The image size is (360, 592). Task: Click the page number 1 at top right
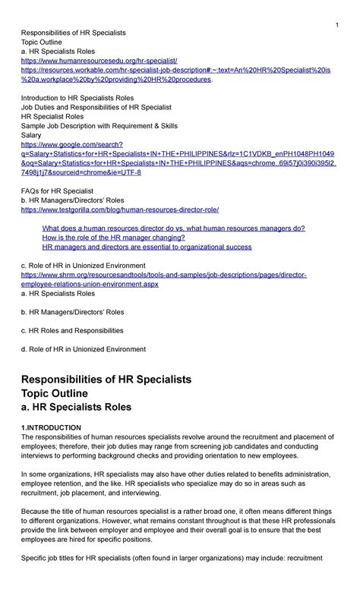click(x=336, y=27)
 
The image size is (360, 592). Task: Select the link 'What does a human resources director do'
click(x=173, y=228)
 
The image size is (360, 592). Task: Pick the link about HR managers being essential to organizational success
click(x=147, y=247)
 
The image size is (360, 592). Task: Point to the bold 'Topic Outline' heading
click(x=65, y=393)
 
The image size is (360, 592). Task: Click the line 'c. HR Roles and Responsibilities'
click(x=72, y=330)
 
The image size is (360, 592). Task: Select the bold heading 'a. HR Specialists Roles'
click(x=76, y=408)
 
